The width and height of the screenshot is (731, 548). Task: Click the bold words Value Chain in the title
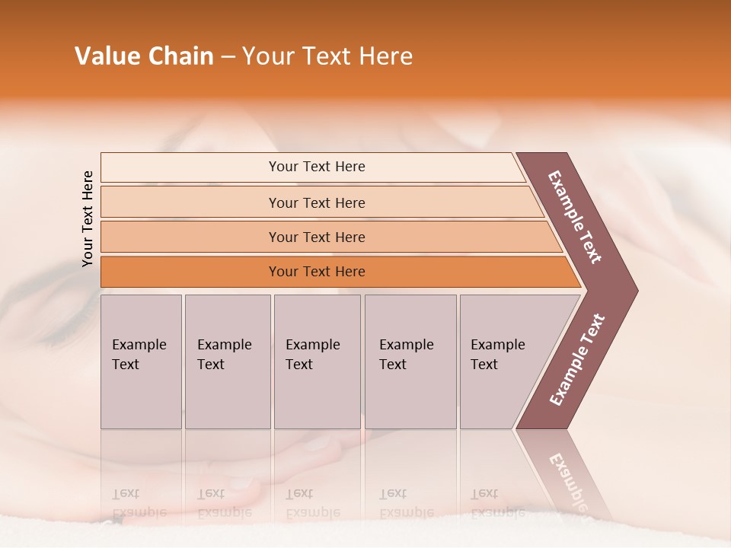[144, 56]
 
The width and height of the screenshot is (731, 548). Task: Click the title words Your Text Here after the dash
[327, 56]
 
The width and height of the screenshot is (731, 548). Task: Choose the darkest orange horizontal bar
[190, 272]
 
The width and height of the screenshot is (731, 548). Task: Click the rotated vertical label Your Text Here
[88, 218]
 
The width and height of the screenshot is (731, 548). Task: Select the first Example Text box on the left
[141, 362]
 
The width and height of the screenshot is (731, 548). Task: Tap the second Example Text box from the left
[227, 362]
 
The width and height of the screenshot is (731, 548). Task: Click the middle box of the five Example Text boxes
[317, 362]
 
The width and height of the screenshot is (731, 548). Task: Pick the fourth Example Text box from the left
[410, 362]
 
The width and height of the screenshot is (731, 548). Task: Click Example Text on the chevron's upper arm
[575, 217]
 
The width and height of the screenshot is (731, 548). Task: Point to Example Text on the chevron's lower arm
[577, 360]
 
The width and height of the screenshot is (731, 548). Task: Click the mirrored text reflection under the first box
[139, 503]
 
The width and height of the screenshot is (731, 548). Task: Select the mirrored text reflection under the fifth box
[498, 503]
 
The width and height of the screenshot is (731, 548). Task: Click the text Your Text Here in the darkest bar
[317, 272]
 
